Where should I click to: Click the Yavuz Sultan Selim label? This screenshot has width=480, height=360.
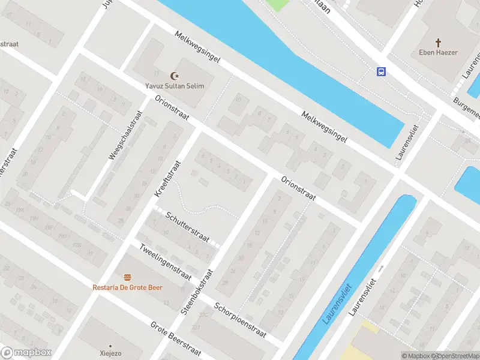pyautogui.click(x=175, y=86)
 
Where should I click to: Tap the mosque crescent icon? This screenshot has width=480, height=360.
pyautogui.click(x=175, y=76)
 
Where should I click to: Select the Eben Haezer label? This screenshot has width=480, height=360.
pyautogui.click(x=438, y=53)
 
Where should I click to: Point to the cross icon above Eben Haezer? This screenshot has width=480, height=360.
pyautogui.click(x=438, y=43)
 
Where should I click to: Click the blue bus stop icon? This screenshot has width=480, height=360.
pyautogui.click(x=381, y=71)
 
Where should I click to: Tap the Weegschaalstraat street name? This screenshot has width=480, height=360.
pyautogui.click(x=125, y=135)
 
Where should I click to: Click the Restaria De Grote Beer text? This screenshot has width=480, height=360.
pyautogui.click(x=127, y=287)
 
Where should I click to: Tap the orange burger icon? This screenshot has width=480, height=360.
pyautogui.click(x=127, y=277)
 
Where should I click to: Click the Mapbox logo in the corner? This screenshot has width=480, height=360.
pyautogui.click(x=26, y=353)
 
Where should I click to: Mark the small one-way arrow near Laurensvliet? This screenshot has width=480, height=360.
pyautogui.click(x=380, y=269)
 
